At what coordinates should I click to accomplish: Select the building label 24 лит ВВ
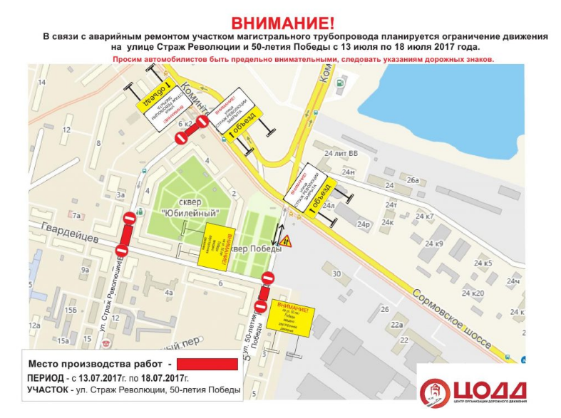(x=341, y=154)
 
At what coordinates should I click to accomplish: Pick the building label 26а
(x=413, y=180)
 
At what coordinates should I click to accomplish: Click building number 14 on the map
(x=41, y=83)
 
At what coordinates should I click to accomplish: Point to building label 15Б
(x=70, y=310)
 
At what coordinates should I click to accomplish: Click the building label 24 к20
(x=473, y=293)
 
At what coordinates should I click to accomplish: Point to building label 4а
(x=169, y=292)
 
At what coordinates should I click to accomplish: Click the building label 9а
(x=85, y=270)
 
